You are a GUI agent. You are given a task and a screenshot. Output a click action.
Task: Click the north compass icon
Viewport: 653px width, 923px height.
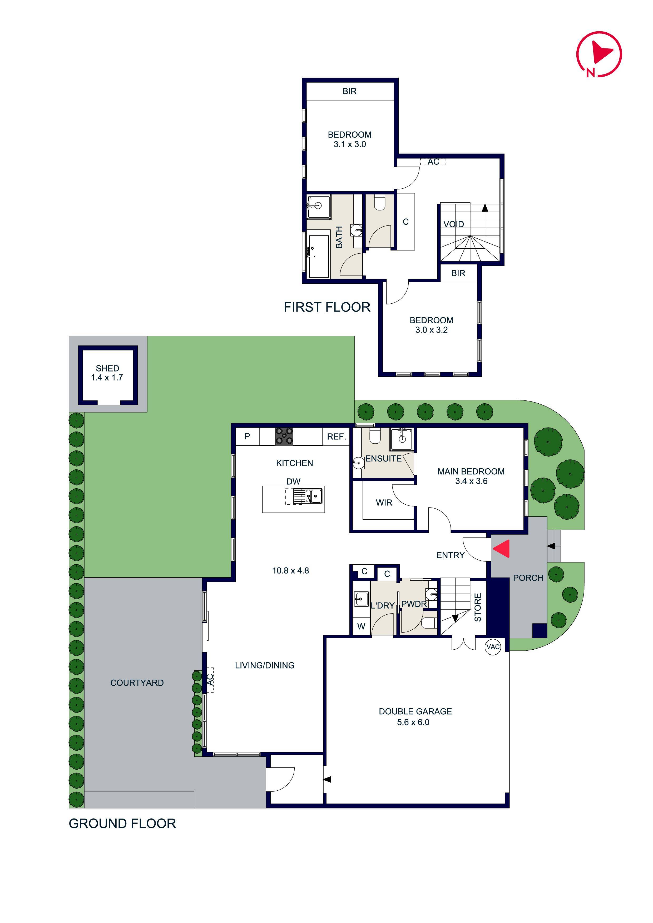click(599, 54)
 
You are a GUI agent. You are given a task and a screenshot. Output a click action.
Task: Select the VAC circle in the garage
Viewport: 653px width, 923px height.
click(493, 647)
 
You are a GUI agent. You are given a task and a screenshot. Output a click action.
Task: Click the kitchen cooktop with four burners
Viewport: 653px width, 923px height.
click(284, 436)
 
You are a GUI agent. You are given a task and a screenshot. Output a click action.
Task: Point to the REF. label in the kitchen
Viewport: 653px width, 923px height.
click(336, 437)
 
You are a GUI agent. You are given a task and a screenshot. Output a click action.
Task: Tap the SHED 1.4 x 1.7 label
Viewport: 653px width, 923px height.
click(107, 373)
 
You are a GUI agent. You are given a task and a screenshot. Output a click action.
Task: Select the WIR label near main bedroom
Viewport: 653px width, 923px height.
click(384, 503)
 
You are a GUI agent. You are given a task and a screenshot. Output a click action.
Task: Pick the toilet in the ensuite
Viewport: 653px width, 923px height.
click(375, 436)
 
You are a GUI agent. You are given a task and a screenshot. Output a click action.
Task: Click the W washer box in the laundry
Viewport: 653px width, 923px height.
click(361, 626)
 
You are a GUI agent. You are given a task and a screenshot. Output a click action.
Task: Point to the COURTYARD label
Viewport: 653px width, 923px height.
click(137, 683)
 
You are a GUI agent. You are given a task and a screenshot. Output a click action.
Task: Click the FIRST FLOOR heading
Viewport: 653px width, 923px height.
click(327, 307)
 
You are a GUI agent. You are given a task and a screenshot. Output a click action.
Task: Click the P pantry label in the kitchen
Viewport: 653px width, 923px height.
click(247, 437)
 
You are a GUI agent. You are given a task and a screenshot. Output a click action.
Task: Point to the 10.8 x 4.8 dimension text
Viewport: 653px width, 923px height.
click(290, 570)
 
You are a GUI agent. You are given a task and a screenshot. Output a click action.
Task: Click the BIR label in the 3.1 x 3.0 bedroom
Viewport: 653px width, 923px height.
click(349, 91)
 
